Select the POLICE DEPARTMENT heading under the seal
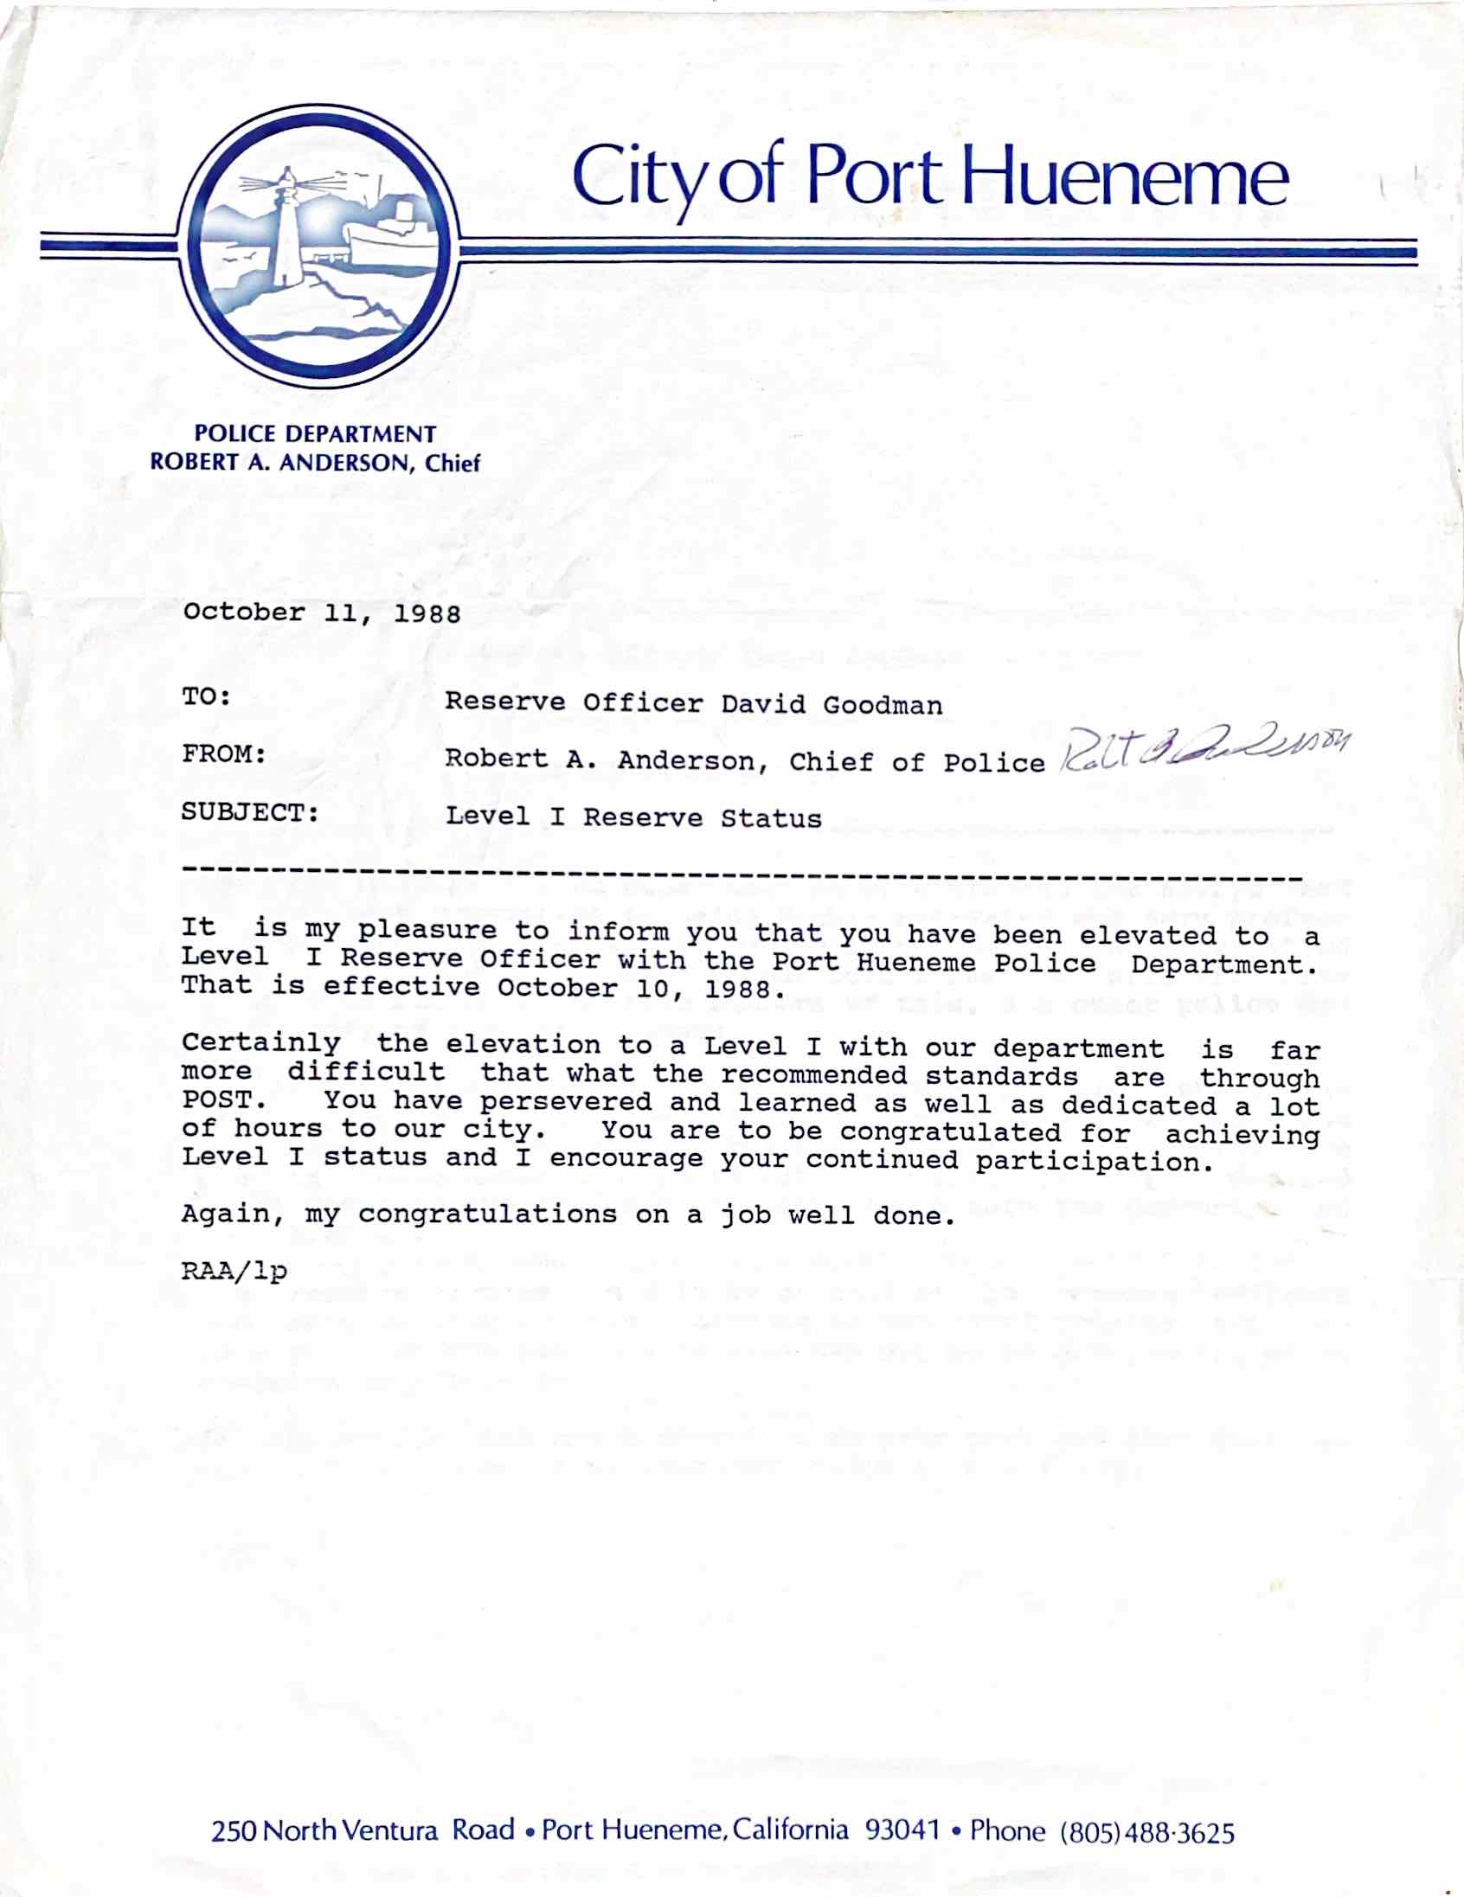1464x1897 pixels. click(x=315, y=434)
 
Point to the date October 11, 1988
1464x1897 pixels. click(x=322, y=613)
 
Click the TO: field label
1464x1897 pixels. click(x=207, y=696)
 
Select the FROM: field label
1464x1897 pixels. click(x=224, y=754)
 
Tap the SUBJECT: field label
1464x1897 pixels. click(x=250, y=813)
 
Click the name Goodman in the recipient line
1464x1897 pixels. click(x=882, y=704)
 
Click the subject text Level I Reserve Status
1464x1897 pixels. click(x=633, y=817)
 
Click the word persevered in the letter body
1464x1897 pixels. click(x=566, y=1102)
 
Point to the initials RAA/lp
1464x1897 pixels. click(x=234, y=1272)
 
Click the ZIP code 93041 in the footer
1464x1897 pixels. click(x=902, y=1830)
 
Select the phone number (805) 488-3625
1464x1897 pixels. click(x=1146, y=1832)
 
